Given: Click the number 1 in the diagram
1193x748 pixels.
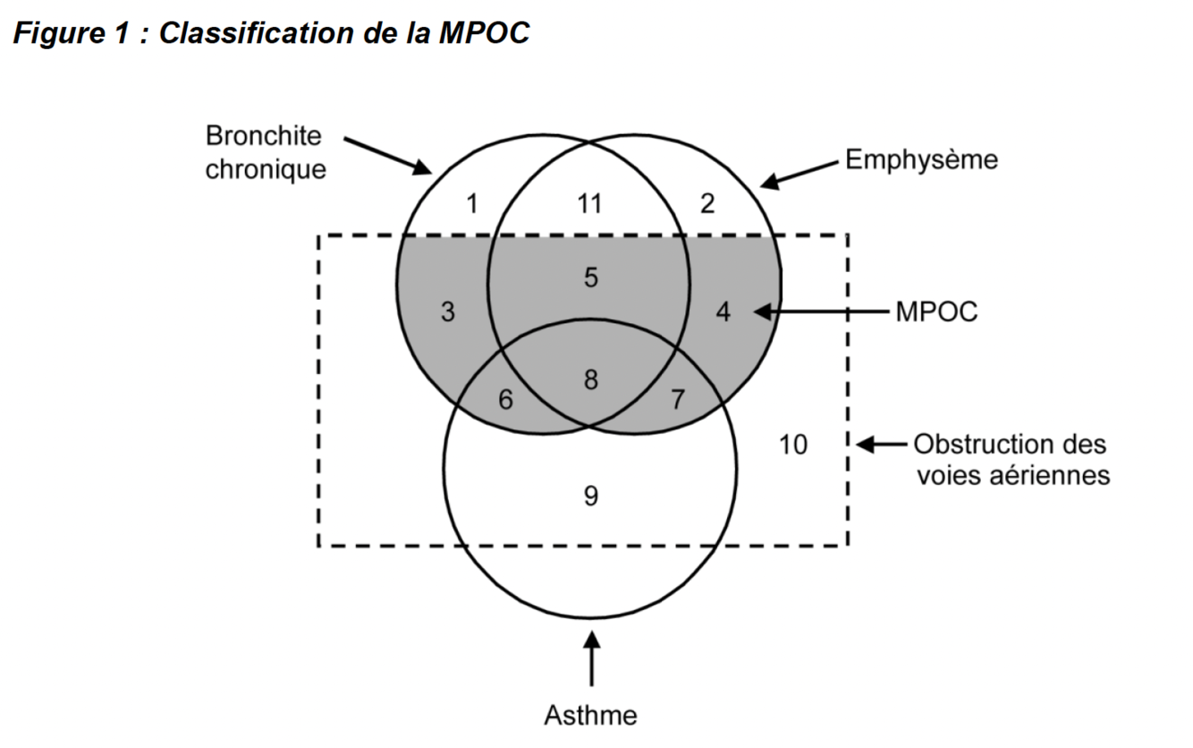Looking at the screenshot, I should point(473,204).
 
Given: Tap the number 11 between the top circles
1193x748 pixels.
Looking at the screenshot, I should point(590,204).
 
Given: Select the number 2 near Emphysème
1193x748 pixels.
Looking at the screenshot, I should point(707,204).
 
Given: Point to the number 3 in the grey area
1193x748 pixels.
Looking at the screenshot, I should point(448,312).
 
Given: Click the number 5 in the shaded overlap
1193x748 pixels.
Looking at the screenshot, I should point(590,277).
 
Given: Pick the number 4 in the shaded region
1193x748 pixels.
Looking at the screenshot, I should point(724,312).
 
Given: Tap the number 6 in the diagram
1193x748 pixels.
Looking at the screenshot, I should point(505,400).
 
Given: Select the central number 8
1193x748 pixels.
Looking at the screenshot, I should point(590,379).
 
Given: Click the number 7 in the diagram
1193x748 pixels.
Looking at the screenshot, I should point(677,399).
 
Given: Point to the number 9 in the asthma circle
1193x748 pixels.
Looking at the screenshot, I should point(590,495).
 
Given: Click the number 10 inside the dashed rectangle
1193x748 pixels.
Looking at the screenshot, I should point(792,443).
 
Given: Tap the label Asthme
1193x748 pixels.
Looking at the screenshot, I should point(590,716).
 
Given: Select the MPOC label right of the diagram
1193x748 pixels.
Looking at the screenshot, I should point(936,312).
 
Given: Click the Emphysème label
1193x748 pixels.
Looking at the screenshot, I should point(920,160).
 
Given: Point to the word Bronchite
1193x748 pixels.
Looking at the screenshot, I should point(263,137).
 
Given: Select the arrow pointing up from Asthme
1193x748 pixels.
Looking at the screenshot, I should point(590,660).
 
